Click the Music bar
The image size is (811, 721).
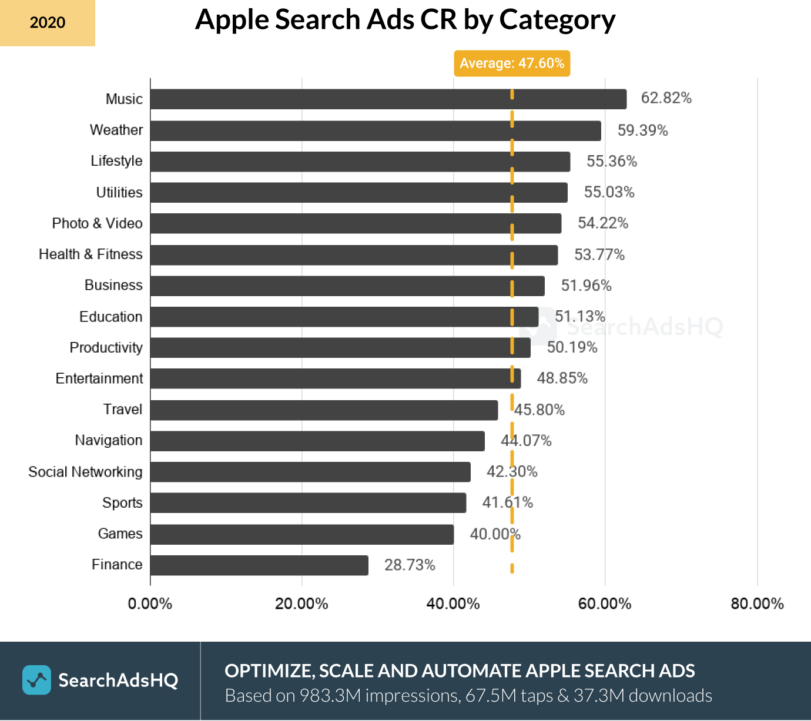click(x=388, y=99)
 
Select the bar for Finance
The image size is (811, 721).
click(x=259, y=565)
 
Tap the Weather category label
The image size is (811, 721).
click(x=116, y=130)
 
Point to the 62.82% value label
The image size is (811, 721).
click(x=666, y=98)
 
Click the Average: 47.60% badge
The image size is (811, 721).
click(x=512, y=63)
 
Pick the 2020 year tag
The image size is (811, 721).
click(x=48, y=23)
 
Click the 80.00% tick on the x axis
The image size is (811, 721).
click(x=757, y=603)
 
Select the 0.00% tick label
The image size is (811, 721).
click(x=150, y=603)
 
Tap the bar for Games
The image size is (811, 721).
click(x=301, y=534)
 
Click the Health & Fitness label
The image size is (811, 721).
click(x=91, y=254)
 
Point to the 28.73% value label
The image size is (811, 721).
click(x=410, y=565)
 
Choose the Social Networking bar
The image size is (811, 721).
click(x=310, y=472)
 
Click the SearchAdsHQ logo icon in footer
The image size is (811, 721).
click(x=36, y=680)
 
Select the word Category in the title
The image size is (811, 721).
click(x=557, y=20)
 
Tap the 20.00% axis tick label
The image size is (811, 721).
click(x=301, y=603)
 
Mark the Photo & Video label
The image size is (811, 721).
click(x=97, y=223)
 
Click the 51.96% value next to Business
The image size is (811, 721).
click(x=586, y=286)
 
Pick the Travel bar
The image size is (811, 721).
click(x=324, y=410)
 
